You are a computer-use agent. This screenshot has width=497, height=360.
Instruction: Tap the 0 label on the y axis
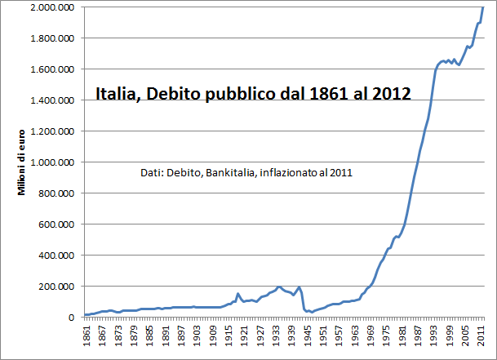click(71, 318)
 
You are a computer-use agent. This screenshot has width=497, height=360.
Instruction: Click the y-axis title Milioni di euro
click(21, 162)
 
